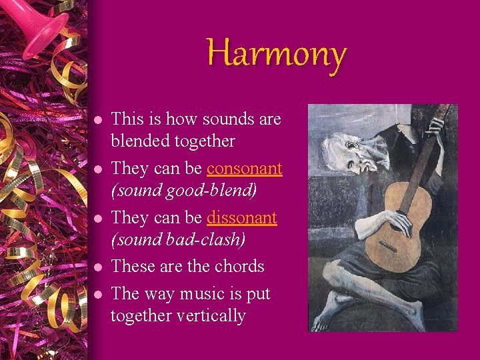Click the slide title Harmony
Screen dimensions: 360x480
[276, 53]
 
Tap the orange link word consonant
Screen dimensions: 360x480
[245, 169]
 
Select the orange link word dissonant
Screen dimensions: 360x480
[242, 218]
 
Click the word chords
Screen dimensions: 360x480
[239, 267]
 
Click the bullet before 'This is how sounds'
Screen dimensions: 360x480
[97, 121]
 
